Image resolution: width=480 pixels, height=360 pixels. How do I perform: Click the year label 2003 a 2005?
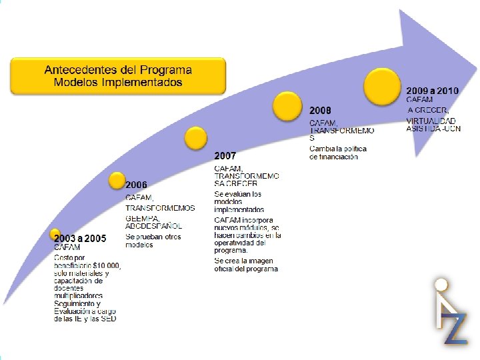[80, 238]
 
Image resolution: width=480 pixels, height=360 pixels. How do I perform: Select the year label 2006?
[137, 185]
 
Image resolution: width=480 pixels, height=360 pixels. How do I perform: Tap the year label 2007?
[225, 155]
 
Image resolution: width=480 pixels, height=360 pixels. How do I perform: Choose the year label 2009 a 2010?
[433, 90]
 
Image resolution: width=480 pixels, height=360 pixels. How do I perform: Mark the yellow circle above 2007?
[195, 138]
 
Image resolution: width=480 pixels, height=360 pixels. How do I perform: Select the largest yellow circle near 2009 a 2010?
[382, 85]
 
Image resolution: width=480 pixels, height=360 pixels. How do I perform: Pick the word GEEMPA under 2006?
[143, 217]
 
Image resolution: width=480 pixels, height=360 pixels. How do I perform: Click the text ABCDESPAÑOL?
[153, 225]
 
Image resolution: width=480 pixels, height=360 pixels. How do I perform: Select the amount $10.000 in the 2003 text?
[107, 265]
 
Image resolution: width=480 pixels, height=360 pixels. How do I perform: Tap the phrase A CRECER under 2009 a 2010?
[428, 110]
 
